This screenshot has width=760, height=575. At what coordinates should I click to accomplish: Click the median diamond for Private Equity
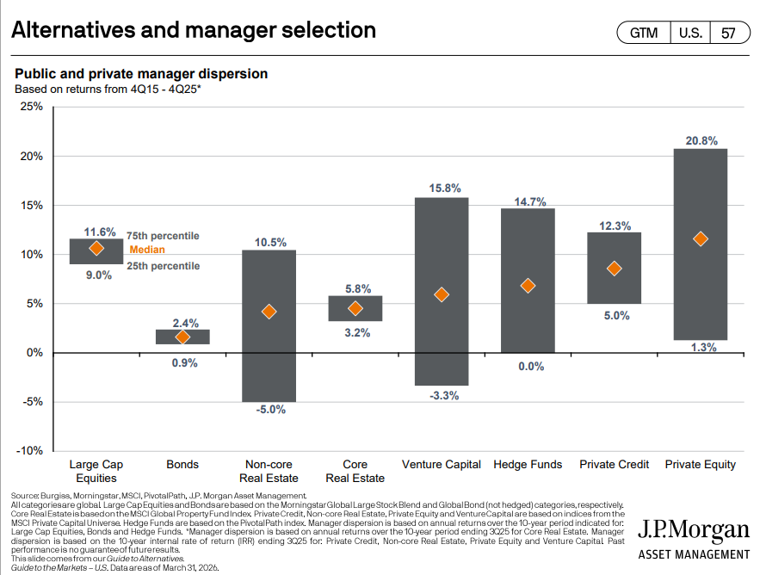700,238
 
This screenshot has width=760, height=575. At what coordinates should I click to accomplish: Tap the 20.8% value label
700,139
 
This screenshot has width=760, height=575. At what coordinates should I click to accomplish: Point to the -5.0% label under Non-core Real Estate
269,410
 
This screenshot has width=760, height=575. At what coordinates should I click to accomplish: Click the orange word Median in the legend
147,250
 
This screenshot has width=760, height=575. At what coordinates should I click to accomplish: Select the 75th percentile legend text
163,236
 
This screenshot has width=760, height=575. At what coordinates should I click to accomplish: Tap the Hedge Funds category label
528,465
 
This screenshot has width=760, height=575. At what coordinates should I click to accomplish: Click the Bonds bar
182,337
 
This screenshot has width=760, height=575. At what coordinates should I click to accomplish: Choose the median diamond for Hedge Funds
528,286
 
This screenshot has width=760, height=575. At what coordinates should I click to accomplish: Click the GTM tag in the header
643,33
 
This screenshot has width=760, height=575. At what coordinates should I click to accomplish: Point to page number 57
728,33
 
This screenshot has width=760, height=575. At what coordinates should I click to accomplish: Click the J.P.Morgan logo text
693,531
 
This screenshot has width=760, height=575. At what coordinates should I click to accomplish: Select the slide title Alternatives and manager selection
194,30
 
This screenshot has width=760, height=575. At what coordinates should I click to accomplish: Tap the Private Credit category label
614,465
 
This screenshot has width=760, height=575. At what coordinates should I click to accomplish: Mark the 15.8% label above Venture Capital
442,188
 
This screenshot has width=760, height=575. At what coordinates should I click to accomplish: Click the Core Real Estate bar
355,308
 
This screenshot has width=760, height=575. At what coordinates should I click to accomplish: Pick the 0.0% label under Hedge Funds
528,367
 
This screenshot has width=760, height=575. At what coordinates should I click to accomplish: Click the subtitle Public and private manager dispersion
141,75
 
